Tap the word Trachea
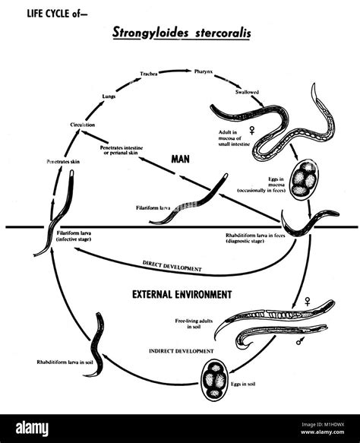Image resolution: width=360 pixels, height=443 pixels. click(149, 74)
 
